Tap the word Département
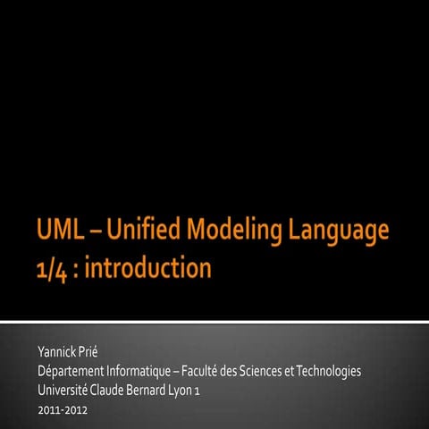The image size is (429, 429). click(77, 370)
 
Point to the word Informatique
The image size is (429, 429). click(156, 370)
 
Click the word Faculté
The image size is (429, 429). click(226, 370)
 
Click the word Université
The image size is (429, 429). click(63, 390)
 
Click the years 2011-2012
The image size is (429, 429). click(63, 410)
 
